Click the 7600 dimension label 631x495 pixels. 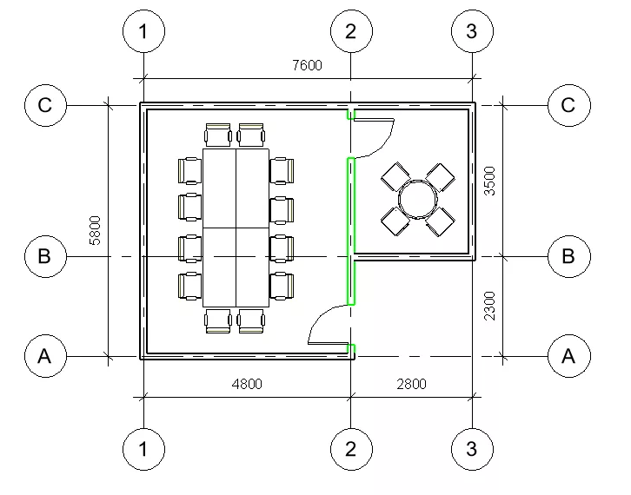[307, 65]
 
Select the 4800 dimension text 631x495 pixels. [247, 384]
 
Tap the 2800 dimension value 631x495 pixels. [411, 384]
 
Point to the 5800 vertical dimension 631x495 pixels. [95, 230]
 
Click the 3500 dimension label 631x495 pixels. [489, 181]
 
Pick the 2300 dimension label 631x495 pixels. [489, 306]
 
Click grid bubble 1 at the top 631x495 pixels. [143, 31]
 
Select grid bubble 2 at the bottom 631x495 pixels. [351, 449]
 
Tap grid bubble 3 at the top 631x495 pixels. [473, 31]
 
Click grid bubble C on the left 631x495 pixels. [45, 105]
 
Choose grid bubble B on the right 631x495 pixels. [569, 256]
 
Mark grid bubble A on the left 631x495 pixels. [45, 356]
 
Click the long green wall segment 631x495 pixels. [351, 231]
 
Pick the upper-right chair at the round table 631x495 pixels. [440, 177]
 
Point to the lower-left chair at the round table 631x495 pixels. [395, 221]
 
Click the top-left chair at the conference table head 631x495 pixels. [217, 135]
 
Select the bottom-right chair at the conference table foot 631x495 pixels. [251, 321]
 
